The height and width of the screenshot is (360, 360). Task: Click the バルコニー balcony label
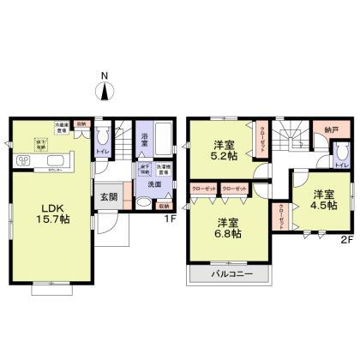(228, 276)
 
